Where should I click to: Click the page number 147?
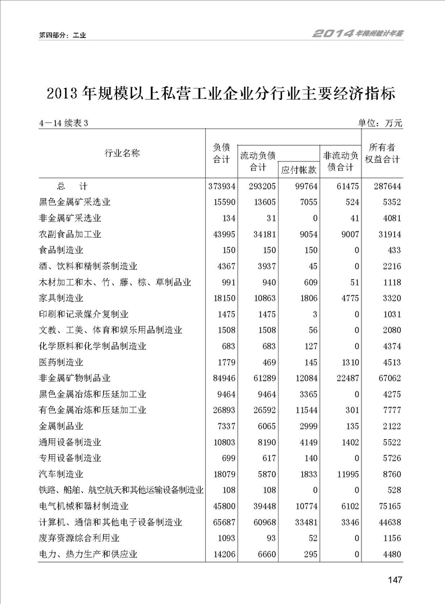394,580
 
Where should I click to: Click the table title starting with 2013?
221,93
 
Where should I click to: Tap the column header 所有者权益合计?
382,153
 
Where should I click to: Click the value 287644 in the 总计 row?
384,186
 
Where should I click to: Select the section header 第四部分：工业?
62,35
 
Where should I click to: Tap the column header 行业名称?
122,153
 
